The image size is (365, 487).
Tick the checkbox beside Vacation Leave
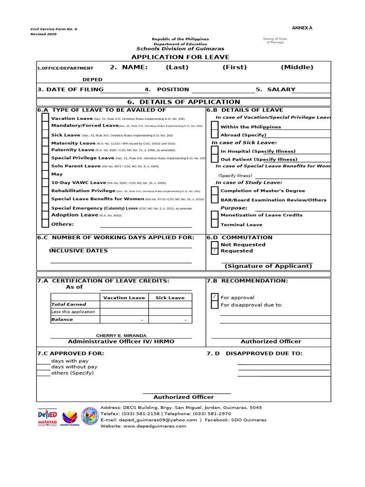45,118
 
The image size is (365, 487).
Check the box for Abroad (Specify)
215,135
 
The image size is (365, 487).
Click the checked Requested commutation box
215,251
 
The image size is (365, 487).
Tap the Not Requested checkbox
215,244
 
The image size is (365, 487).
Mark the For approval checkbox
215,297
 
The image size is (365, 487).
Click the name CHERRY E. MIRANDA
121,335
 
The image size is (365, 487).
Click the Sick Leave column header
170,298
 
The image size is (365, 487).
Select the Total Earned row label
69,304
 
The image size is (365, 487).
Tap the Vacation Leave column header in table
124,298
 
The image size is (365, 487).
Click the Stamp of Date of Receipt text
275,40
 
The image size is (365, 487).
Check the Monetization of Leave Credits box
215,215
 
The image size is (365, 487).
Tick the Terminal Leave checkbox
215,224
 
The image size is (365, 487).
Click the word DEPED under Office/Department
93,79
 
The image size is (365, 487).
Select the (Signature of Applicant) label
269,266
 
